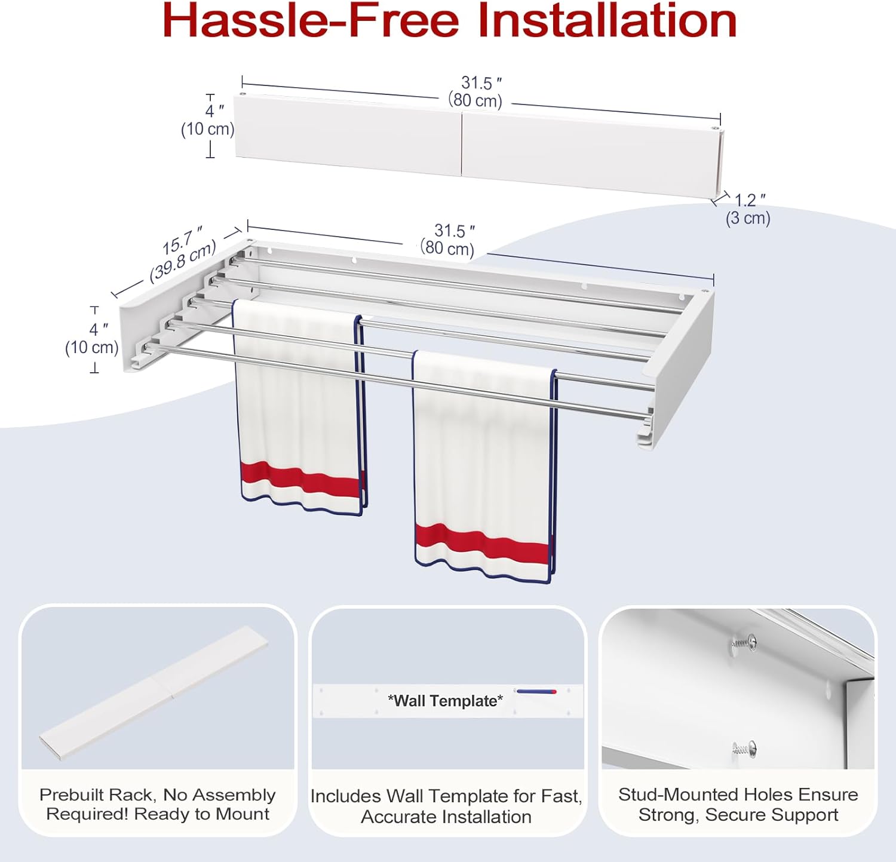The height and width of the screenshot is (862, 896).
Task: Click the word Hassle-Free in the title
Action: pos(310,21)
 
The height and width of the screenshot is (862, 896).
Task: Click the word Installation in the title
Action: pos(607,21)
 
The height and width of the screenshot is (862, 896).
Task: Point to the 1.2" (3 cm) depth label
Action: pos(748,209)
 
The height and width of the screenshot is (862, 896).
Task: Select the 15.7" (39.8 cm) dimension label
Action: pos(182,253)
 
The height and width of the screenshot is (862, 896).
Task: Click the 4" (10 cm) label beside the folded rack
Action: pos(208,120)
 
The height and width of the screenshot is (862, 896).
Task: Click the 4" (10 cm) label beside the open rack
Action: pos(92,339)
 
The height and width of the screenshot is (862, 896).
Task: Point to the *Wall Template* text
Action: pos(445,701)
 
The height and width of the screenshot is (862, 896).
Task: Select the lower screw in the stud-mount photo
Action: pos(744,748)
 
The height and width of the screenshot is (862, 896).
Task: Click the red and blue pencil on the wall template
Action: pos(536,692)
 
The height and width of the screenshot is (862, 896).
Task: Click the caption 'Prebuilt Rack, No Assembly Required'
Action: pos(158,804)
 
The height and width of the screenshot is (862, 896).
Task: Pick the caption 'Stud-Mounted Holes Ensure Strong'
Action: pos(738,804)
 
